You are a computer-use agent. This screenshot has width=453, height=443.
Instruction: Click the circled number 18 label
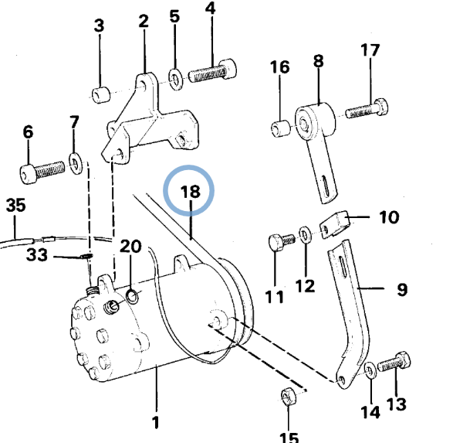click(x=190, y=191)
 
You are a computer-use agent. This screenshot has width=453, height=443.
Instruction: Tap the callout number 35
click(x=16, y=205)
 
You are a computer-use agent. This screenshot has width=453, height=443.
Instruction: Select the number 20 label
click(x=130, y=247)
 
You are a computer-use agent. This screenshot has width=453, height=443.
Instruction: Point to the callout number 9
click(x=402, y=289)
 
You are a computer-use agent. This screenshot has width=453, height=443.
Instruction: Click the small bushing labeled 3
click(x=101, y=94)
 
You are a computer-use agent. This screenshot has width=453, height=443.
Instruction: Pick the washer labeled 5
click(x=176, y=80)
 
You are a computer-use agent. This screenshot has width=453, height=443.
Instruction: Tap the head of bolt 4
click(x=228, y=69)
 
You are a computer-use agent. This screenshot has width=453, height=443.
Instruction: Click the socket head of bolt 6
click(x=29, y=174)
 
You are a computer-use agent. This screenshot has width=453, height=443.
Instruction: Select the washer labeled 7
click(x=76, y=163)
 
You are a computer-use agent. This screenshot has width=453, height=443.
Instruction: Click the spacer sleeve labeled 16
click(x=281, y=128)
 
